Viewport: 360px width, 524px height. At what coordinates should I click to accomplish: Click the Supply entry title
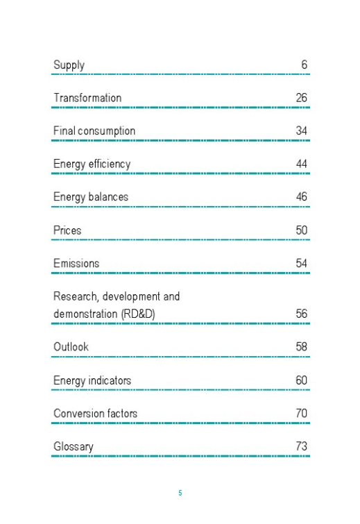point(69,65)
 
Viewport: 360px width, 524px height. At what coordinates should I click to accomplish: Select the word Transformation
point(87,98)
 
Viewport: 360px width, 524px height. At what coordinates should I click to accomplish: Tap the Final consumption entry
point(94,131)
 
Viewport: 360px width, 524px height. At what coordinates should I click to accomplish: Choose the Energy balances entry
point(91,197)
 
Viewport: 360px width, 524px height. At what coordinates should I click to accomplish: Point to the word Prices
point(67,230)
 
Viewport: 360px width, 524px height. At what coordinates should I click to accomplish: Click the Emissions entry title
point(76,264)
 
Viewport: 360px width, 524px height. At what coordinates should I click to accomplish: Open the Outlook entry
point(71,346)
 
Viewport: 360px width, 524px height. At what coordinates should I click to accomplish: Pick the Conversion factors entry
point(95,414)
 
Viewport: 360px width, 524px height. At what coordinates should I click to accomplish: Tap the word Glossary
point(73,447)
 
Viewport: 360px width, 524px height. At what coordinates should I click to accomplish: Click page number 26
point(301,98)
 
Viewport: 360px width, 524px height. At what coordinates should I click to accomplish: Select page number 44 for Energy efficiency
point(301,164)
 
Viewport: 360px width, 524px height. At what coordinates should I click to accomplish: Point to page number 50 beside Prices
point(301,230)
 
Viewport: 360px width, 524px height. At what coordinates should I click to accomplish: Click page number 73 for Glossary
point(301,447)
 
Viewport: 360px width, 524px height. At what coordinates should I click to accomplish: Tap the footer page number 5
point(180,493)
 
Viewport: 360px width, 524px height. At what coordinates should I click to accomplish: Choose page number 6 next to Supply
point(304,65)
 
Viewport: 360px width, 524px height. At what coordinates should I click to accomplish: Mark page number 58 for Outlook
point(301,346)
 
